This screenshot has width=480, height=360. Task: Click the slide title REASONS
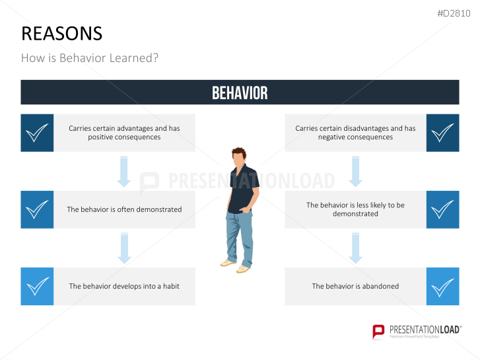coord(61,34)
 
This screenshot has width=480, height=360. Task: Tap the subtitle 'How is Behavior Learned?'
coord(90,58)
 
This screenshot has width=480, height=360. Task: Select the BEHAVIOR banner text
coord(240,93)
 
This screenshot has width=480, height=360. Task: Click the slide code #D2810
coord(455,13)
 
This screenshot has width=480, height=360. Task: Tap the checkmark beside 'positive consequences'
coord(38,133)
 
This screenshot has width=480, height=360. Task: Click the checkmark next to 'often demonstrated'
coord(38,209)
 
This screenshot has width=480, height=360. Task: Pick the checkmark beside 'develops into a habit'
coord(38,286)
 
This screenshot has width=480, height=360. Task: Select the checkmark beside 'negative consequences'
coord(442,133)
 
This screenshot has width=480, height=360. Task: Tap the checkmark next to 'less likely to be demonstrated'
coord(442,209)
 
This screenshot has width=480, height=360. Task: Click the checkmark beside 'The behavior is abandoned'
coord(442,286)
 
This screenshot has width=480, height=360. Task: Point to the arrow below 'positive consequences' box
coord(123,172)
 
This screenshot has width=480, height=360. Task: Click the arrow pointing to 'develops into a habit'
coord(123,248)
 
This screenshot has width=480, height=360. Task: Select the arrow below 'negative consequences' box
coord(355,172)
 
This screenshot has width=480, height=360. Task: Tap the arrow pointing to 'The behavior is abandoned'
coord(355,248)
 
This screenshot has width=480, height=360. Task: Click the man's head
coord(240,157)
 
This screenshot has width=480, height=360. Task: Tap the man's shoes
coord(236,266)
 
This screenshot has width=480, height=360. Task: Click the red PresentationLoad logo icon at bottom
coord(378,331)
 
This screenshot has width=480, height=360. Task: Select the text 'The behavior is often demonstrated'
coord(124,209)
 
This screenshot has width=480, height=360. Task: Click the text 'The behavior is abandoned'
coord(355,286)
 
